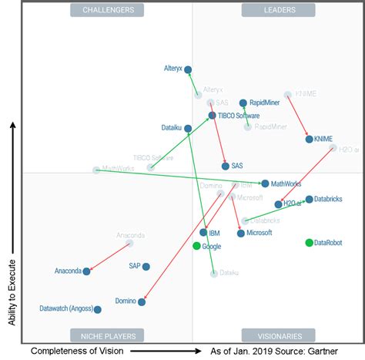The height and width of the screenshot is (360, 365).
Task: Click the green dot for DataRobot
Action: tap(310, 243)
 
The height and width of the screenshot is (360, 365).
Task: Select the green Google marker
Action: tap(196, 246)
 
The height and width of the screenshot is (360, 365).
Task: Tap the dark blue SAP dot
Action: tap(146, 267)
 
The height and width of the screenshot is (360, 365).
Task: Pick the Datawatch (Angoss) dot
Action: tap(98, 309)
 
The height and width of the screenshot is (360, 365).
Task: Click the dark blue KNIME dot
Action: tap(309, 140)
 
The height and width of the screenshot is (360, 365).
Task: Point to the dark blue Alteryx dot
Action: tap(189, 69)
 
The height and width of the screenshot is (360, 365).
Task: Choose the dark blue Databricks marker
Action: tap(309, 199)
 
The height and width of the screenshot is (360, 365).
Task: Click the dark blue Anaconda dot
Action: tap(86, 271)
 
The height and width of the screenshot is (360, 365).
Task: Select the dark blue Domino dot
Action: tap(142, 302)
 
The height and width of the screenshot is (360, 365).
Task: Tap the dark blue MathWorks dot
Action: tap(265, 183)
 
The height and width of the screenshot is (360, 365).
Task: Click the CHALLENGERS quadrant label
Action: tap(107, 10)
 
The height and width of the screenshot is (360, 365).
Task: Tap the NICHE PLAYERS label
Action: tap(107, 335)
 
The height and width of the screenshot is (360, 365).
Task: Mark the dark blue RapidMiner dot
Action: tap(243, 103)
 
